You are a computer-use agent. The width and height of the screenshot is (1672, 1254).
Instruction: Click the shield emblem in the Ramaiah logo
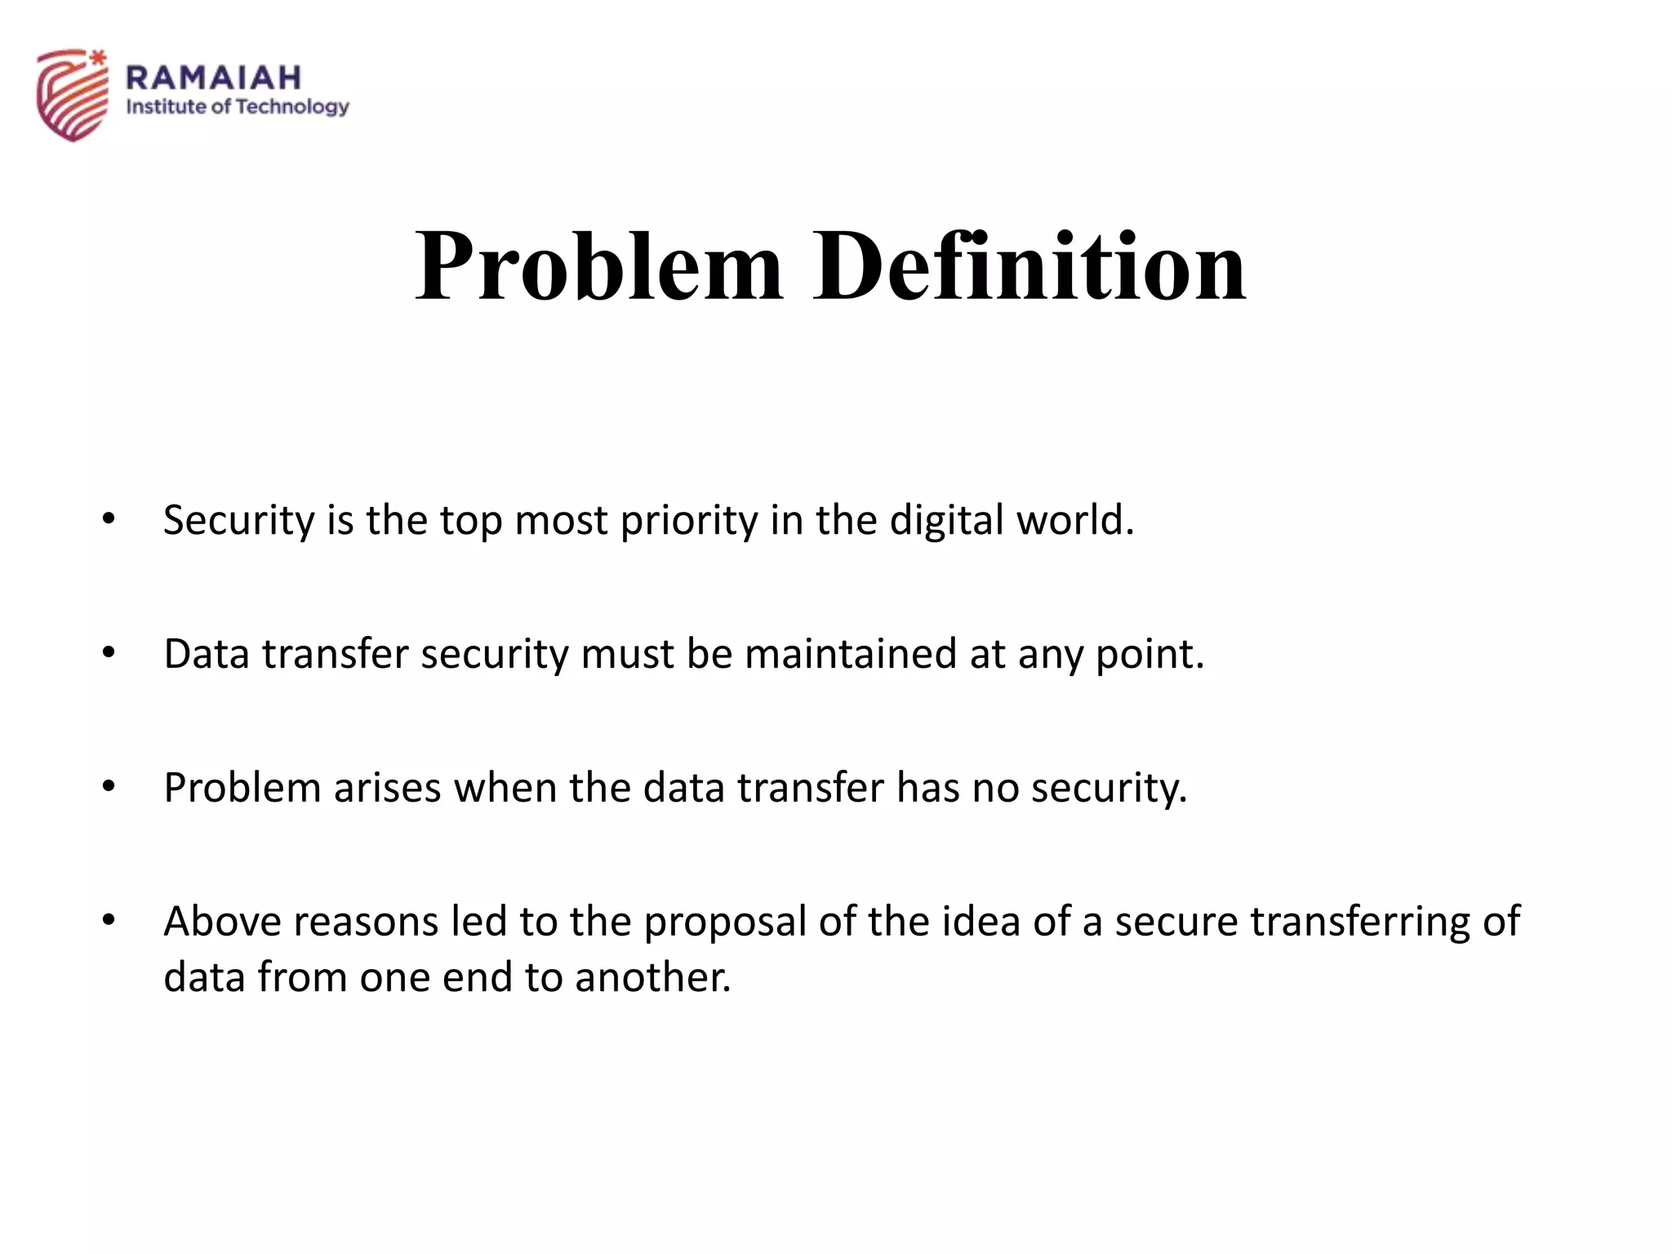pyautogui.click(x=73, y=94)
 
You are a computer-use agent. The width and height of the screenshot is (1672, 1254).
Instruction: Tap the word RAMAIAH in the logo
pyautogui.click(x=214, y=78)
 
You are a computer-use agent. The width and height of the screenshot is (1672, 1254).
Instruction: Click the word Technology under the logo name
pyautogui.click(x=292, y=107)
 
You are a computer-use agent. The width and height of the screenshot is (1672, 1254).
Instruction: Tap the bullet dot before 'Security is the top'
pyautogui.click(x=109, y=518)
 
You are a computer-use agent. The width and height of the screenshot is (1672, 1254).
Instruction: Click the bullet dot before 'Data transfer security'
pyautogui.click(x=109, y=652)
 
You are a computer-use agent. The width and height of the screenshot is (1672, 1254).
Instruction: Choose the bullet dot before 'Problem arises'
pyautogui.click(x=109, y=786)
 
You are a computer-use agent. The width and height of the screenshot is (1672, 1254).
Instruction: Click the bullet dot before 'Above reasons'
pyautogui.click(x=109, y=920)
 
